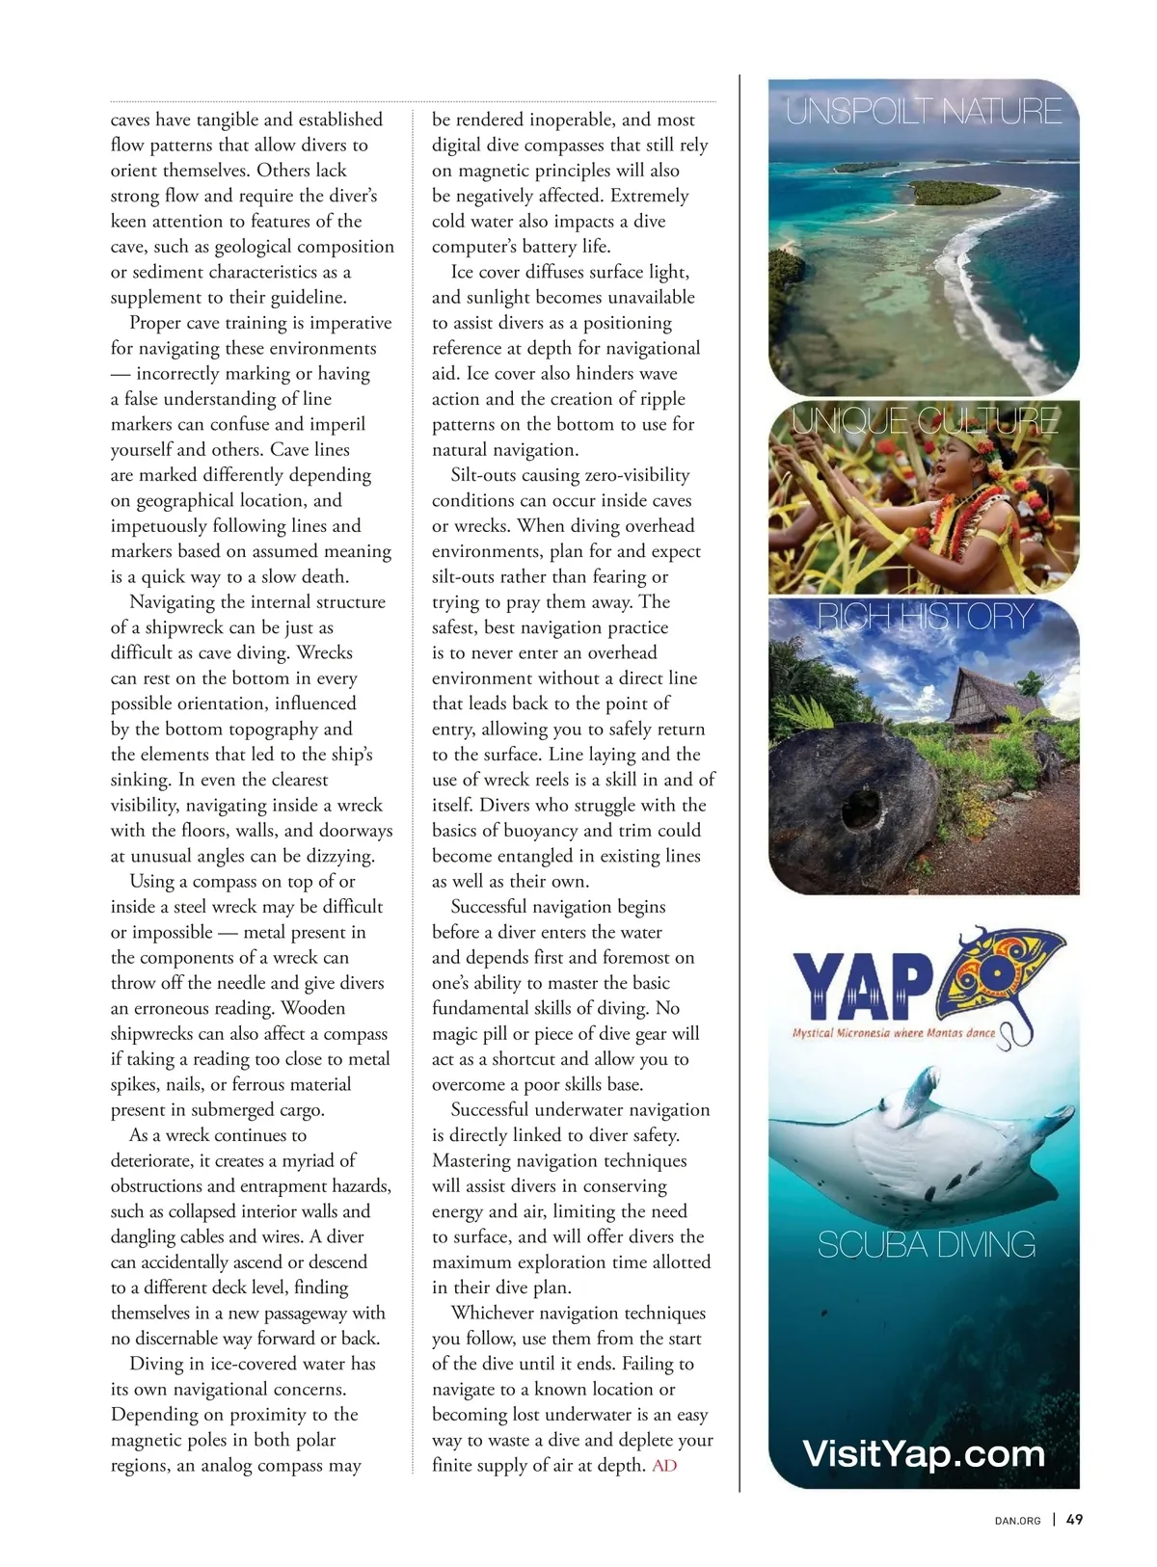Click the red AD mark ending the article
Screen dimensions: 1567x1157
(x=664, y=1466)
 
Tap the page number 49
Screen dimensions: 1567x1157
(x=1075, y=1520)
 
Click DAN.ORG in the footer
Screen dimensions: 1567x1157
(x=1017, y=1521)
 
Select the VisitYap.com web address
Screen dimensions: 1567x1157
(x=924, y=1452)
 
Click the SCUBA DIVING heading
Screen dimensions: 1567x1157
(x=926, y=1244)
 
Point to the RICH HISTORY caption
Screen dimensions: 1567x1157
(x=925, y=616)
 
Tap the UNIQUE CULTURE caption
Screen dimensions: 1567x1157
(x=925, y=420)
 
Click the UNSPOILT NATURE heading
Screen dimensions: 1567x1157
(x=924, y=111)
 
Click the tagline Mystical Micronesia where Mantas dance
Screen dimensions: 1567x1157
(x=894, y=1033)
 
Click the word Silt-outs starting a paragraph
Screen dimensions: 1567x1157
(x=485, y=475)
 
